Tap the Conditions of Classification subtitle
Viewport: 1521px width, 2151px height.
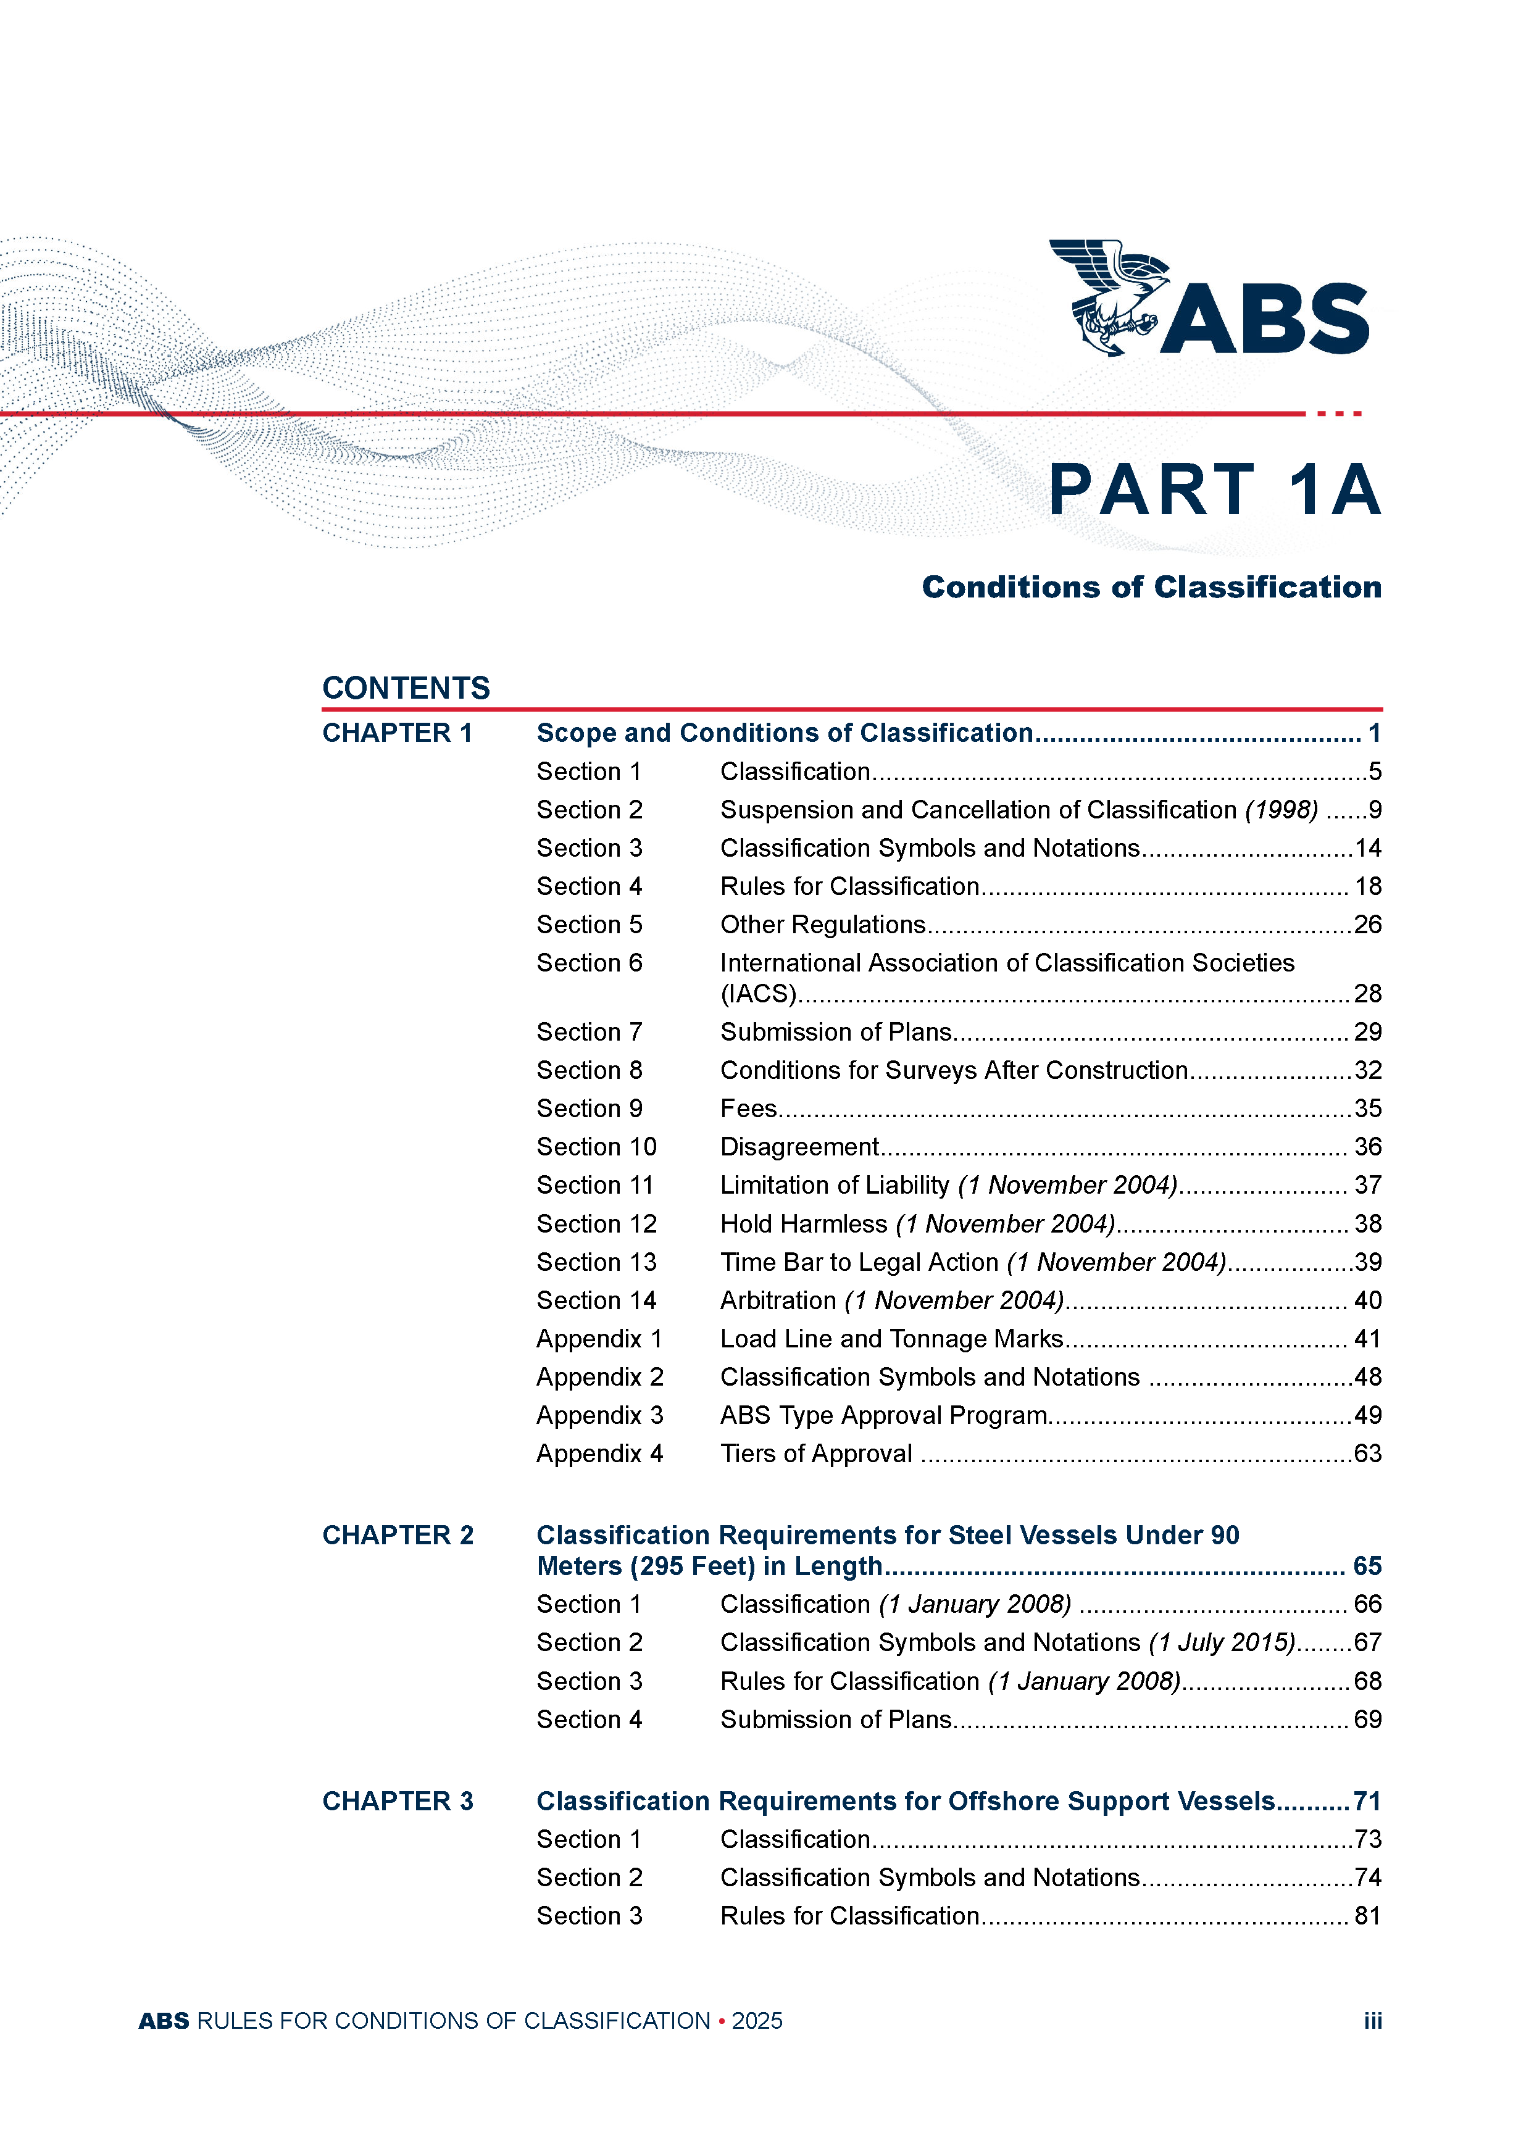point(1151,588)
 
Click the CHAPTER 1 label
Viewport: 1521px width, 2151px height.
point(398,733)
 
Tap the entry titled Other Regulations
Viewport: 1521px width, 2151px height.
point(822,925)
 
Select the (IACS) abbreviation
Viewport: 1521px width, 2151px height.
point(758,993)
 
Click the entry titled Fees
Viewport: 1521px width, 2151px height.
point(748,1109)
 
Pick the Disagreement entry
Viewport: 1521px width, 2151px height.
point(798,1147)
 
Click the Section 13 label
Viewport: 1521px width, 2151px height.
point(596,1262)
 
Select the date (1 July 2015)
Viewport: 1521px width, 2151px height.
point(1222,1642)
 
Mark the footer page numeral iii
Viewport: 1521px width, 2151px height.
point(1372,2021)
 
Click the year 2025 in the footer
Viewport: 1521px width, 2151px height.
point(757,2021)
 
